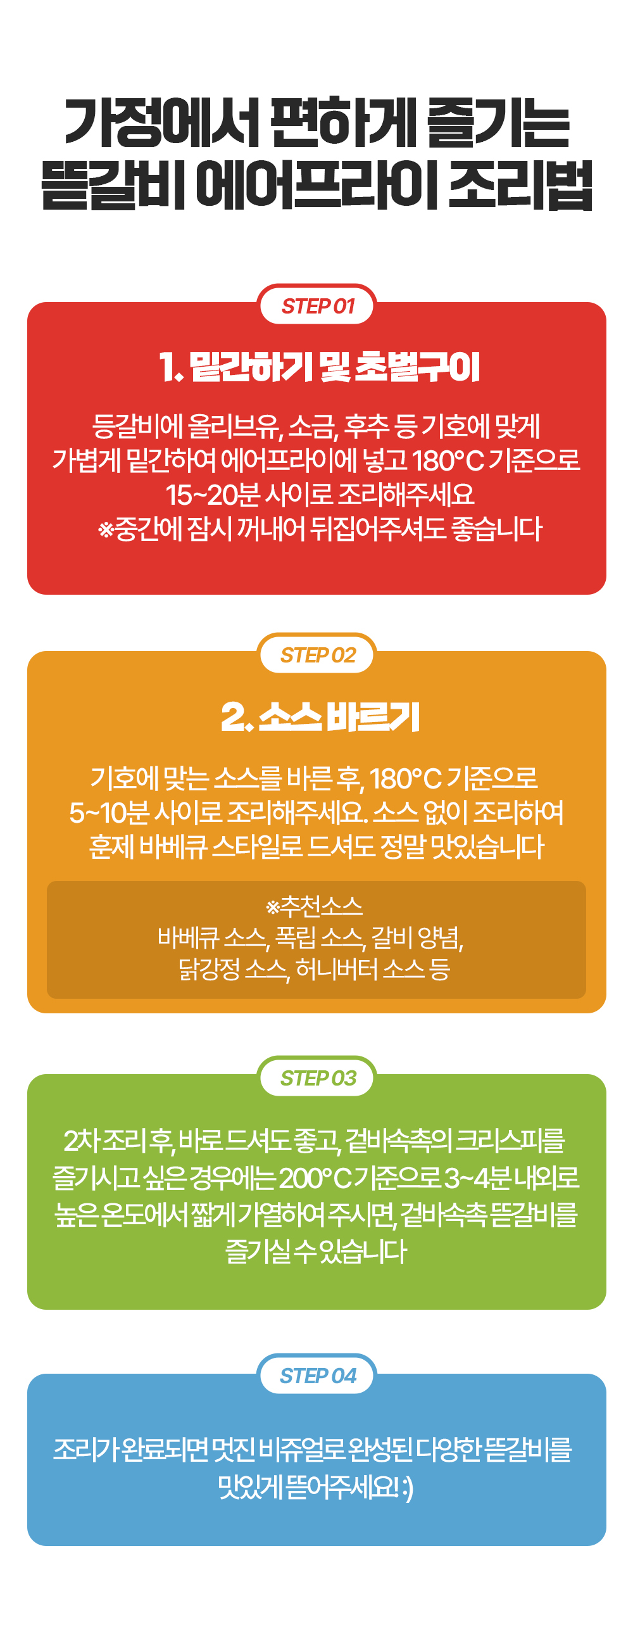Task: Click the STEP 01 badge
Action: (x=317, y=306)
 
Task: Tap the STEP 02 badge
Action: (x=317, y=655)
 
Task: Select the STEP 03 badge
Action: (x=317, y=1078)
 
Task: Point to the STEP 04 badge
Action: (x=317, y=1375)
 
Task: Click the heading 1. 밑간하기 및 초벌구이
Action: (x=319, y=367)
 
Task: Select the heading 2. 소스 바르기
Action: (x=320, y=718)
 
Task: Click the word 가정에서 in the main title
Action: (x=163, y=122)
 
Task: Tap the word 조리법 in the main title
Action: (x=520, y=185)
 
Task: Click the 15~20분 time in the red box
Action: (x=213, y=495)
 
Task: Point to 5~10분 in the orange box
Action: (x=110, y=813)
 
